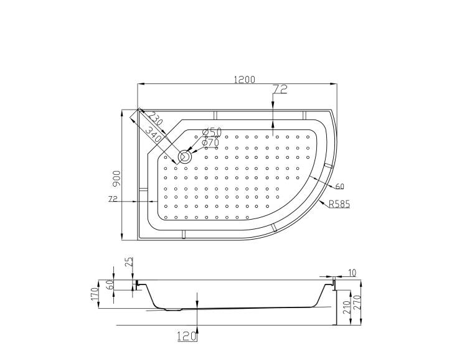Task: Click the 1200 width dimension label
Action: pyautogui.click(x=245, y=80)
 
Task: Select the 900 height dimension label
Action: pyautogui.click(x=117, y=179)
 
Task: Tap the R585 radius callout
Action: pyautogui.click(x=339, y=204)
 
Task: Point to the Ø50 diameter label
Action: pyautogui.click(x=212, y=131)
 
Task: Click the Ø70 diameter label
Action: pyautogui.click(x=210, y=143)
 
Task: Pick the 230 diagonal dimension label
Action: pyautogui.click(x=156, y=118)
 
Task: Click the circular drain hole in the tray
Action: pyautogui.click(x=185, y=156)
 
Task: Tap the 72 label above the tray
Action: pyautogui.click(x=280, y=89)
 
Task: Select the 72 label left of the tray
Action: pyautogui.click(x=113, y=199)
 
